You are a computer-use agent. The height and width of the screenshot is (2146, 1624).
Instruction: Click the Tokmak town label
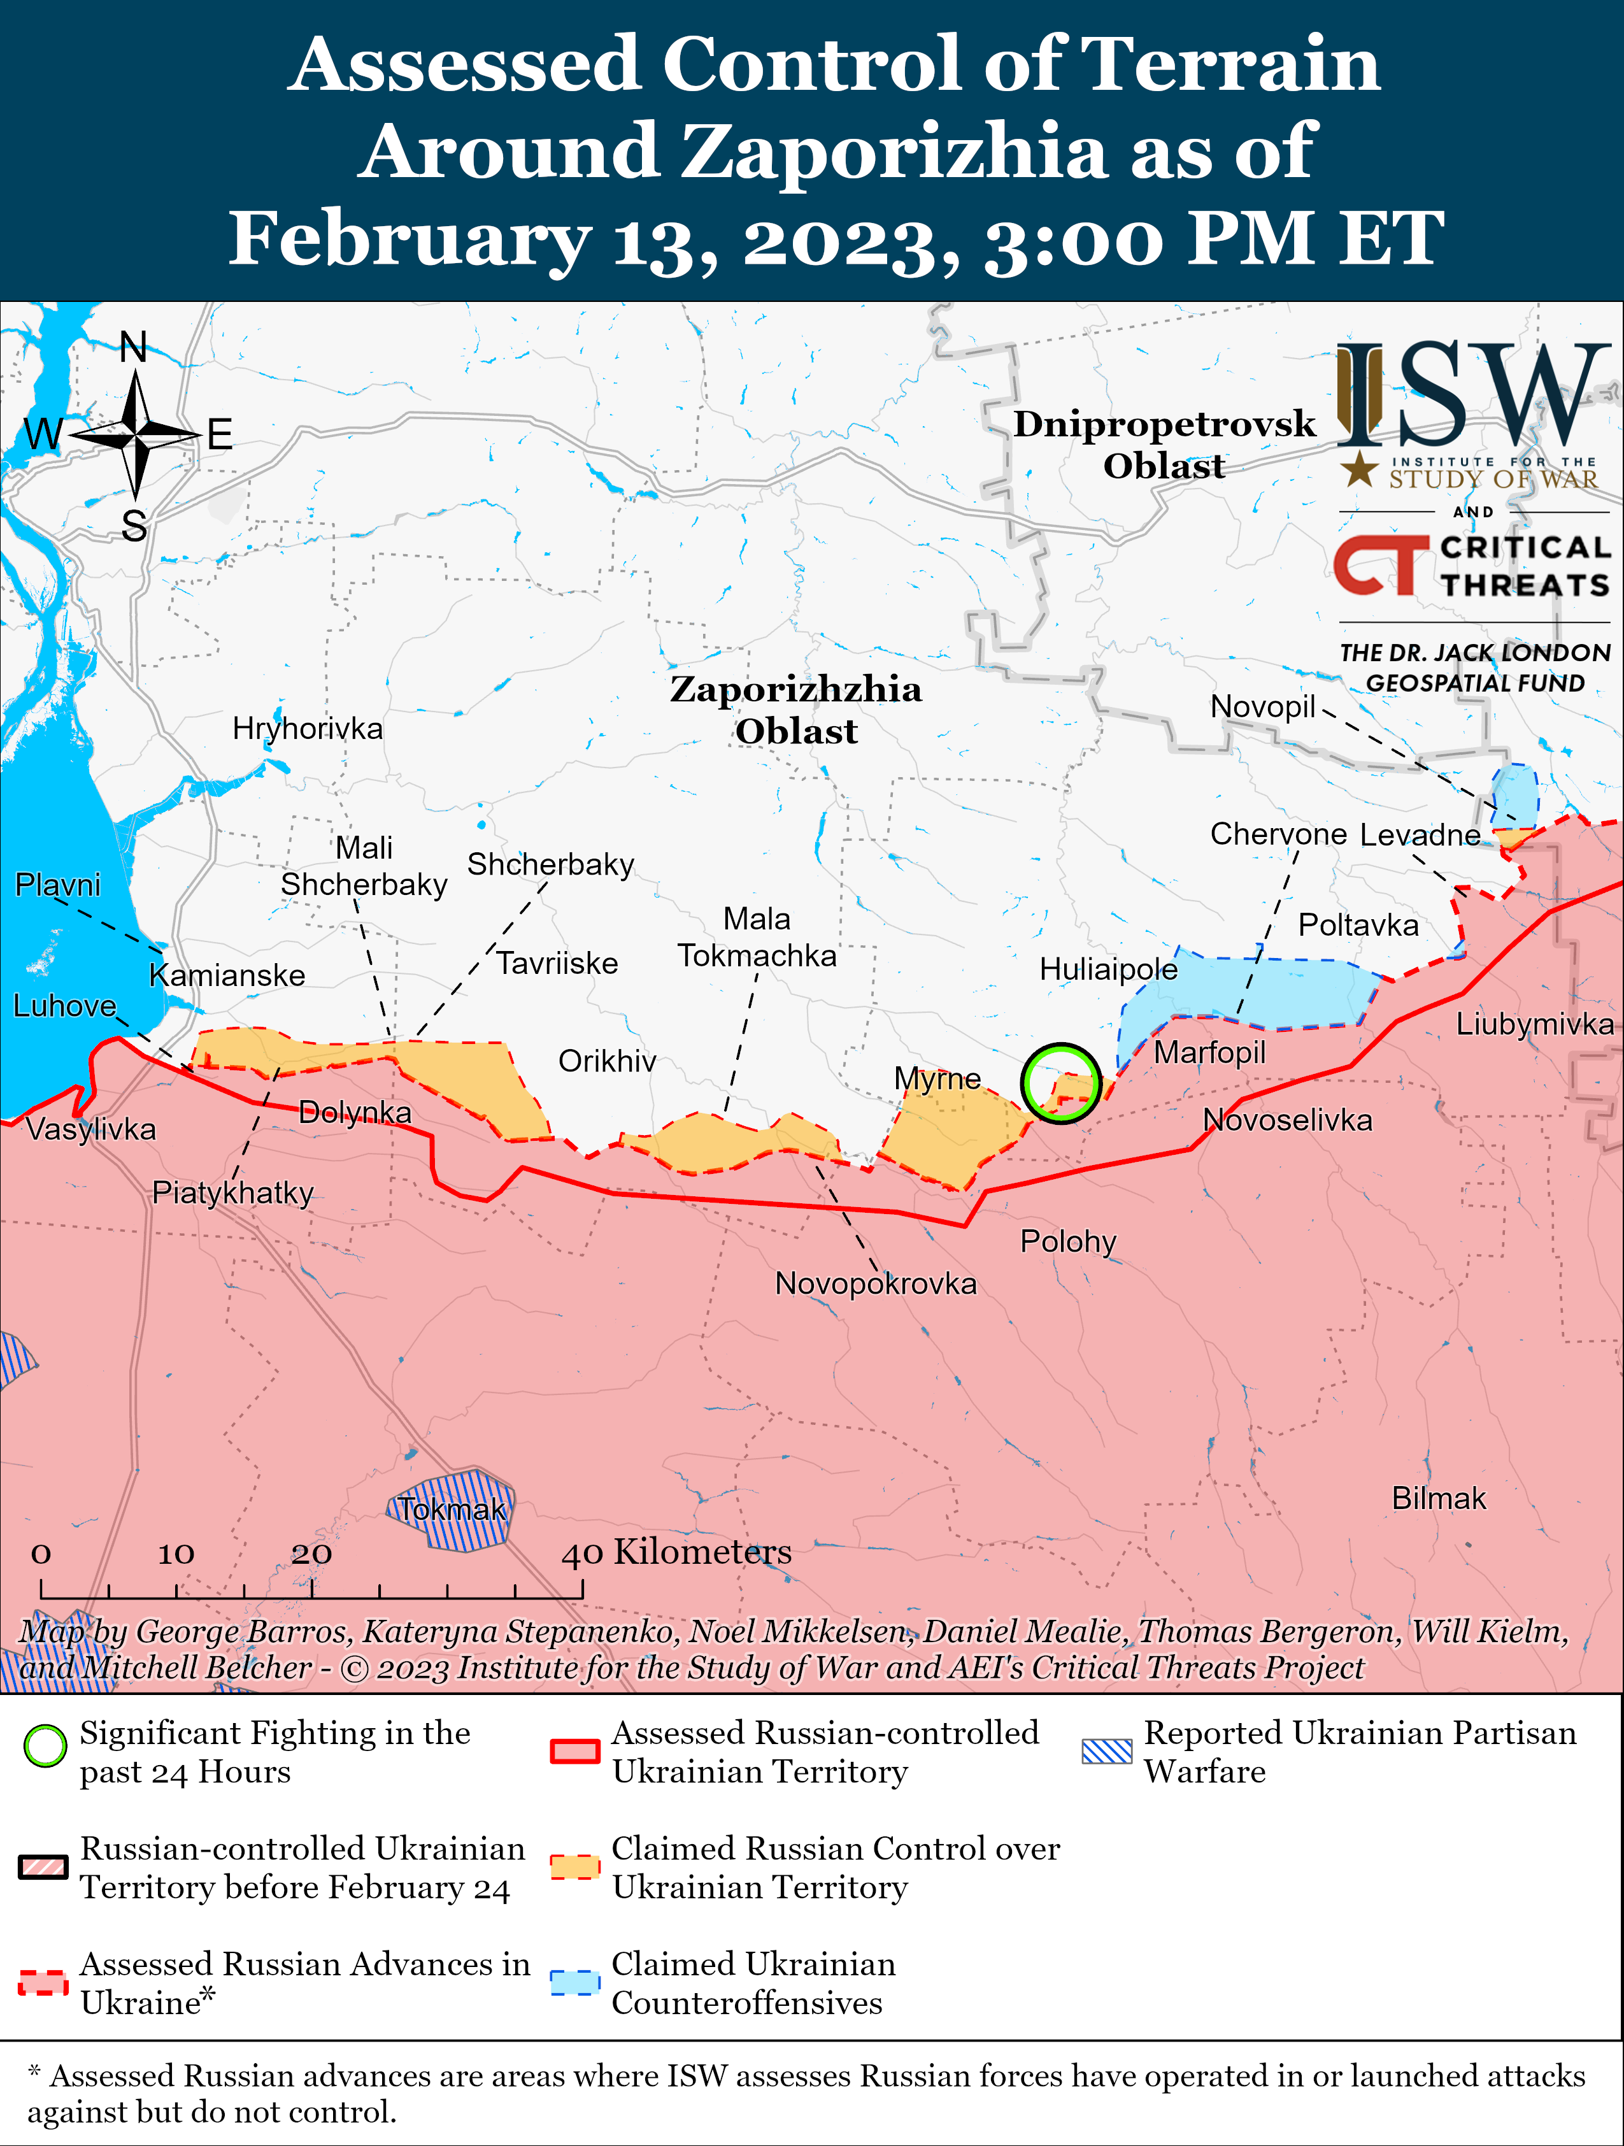pos(452,1510)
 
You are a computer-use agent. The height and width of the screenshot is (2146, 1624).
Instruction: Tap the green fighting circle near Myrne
pos(1060,1084)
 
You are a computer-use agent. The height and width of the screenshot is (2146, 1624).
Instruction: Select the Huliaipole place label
pos(1108,969)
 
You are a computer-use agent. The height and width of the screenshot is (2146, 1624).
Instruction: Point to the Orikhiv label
pos(608,1061)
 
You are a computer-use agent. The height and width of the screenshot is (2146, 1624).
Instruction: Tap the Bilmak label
pos(1438,1498)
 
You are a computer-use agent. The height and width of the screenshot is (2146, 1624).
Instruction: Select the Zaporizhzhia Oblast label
pos(795,709)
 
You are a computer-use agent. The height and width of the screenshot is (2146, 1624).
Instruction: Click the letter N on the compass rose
pos(134,347)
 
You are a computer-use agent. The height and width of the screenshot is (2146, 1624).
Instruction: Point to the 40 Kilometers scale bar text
pos(676,1552)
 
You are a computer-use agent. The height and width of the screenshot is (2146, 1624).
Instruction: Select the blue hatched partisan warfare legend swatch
pos(1106,1751)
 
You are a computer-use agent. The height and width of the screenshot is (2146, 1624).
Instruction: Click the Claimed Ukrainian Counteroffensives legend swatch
pos(574,1982)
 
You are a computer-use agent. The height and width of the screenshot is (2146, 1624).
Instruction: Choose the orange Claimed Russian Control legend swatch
pos(574,1866)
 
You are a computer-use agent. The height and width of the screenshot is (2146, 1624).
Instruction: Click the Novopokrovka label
pos(875,1284)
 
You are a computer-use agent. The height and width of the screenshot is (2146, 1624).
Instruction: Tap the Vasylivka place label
pos(91,1129)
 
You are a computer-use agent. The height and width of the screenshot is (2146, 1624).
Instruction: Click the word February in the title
pos(410,240)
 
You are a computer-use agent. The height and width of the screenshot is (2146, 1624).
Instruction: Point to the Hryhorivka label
pos(308,729)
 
